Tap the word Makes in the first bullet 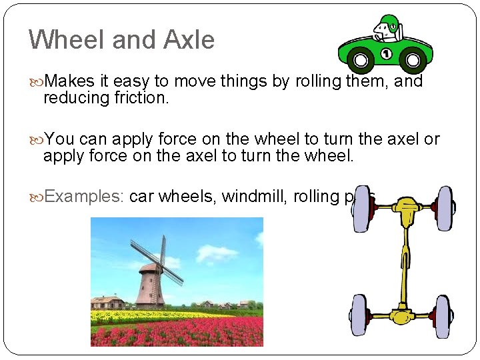pos(71,81)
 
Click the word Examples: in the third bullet pos(84,196)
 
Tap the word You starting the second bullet pos(60,139)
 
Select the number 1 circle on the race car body pos(386,53)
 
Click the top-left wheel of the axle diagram pos(361,207)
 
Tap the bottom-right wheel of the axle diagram pos(443,317)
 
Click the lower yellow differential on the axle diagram pos(402,315)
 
